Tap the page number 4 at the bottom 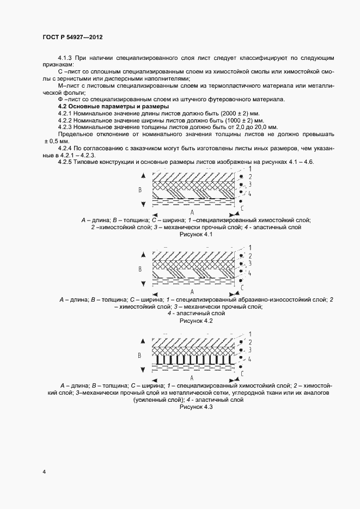pyautogui.click(x=44, y=472)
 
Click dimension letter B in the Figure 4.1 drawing pyautogui.click(x=140, y=190)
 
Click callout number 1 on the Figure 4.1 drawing pyautogui.click(x=249, y=170)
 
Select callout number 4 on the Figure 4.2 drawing pyautogui.click(x=249, y=273)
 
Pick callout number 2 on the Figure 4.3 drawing pyautogui.click(x=249, y=342)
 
